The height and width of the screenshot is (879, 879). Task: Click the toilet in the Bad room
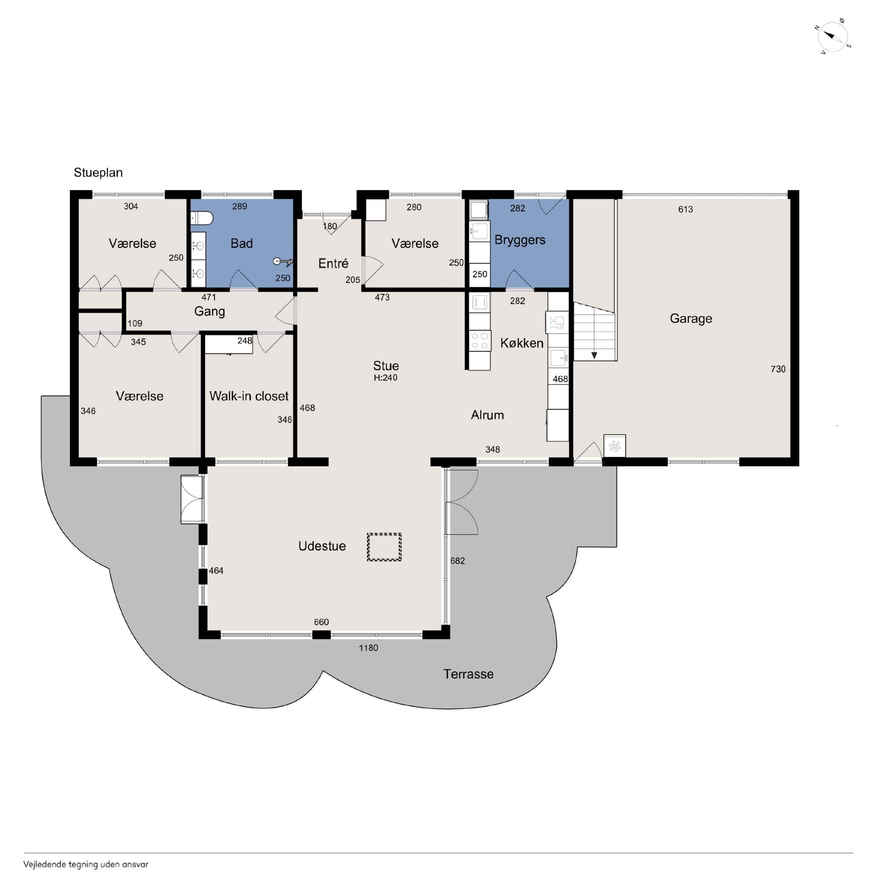coord(201,218)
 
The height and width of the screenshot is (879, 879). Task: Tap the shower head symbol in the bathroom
coord(283,262)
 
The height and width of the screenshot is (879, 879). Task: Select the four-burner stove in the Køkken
coord(479,340)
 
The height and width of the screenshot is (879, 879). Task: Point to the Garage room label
coord(691,318)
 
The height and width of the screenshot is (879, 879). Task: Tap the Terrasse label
coord(468,674)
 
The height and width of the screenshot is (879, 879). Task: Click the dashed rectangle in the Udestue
coord(384,547)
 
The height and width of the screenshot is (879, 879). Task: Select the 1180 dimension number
coord(368,648)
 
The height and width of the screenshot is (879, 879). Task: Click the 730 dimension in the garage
coord(778,369)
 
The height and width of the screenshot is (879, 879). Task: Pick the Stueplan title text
coord(98,172)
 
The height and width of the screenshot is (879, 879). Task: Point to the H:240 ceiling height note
coord(385,378)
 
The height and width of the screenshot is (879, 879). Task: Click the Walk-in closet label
coord(249,396)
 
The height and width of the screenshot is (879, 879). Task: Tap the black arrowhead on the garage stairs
coord(594,355)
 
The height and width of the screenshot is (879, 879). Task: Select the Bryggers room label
coord(520,240)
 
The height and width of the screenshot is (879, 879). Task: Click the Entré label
coord(333,263)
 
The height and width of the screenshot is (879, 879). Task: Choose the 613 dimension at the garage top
coord(685,209)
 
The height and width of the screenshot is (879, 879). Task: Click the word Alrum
coord(487,415)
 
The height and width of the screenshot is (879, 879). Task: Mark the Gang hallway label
coord(209,312)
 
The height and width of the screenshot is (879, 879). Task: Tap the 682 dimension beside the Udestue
coord(458,561)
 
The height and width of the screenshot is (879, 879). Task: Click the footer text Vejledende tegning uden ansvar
coord(86,864)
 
